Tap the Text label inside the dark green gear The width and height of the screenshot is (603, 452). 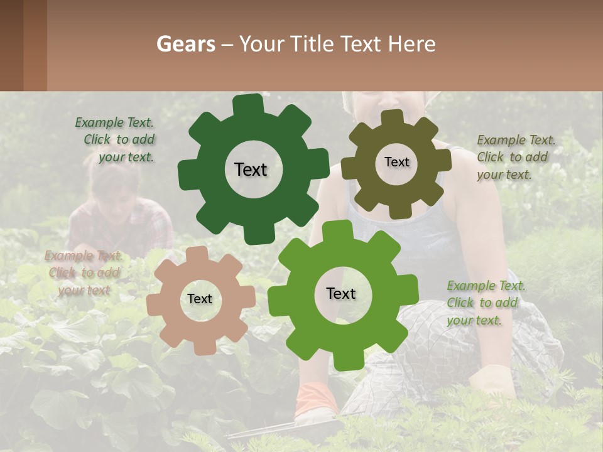coord(251,169)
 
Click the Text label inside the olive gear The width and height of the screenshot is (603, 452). coord(396,162)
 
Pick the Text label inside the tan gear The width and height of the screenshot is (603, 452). coord(200,299)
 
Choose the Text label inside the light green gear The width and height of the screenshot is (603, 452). coord(341,294)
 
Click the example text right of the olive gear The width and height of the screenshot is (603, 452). coord(515,157)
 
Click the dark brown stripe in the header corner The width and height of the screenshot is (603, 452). coord(11,45)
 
